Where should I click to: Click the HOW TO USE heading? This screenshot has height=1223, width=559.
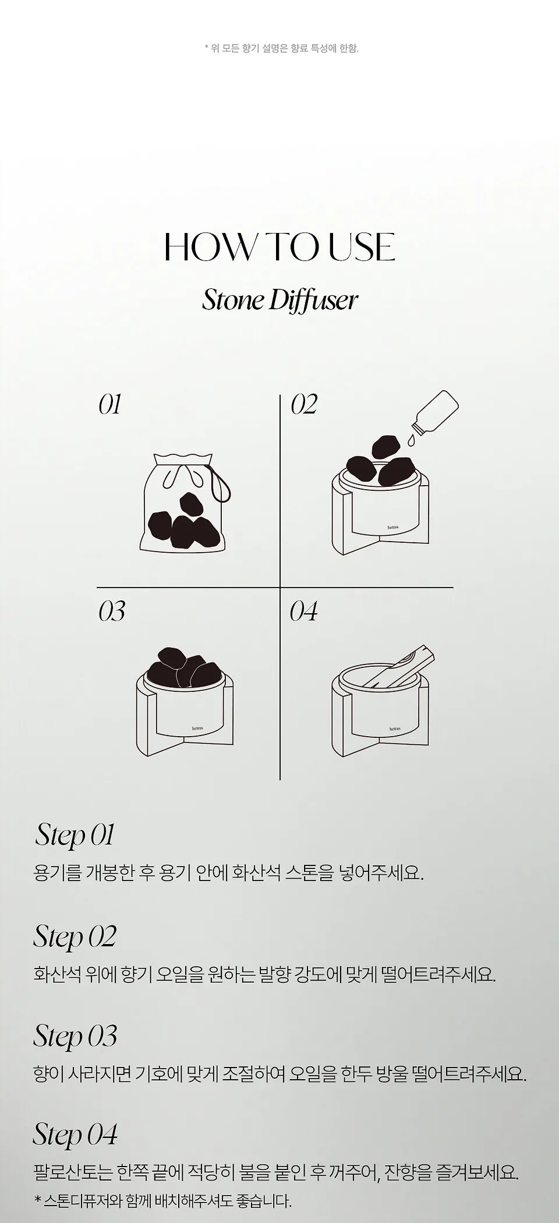[280, 247]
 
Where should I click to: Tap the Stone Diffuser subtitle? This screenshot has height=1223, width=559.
[279, 301]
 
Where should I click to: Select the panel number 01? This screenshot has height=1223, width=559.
[109, 405]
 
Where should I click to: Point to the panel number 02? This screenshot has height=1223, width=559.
[304, 405]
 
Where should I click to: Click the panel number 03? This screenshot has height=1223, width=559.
[112, 611]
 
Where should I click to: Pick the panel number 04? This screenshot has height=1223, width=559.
[304, 611]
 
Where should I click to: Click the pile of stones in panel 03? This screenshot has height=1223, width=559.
[179, 666]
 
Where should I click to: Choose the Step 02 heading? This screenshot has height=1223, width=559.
[75, 936]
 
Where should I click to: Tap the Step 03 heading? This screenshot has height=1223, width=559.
[75, 1036]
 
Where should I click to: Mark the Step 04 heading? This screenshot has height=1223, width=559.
[75, 1134]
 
